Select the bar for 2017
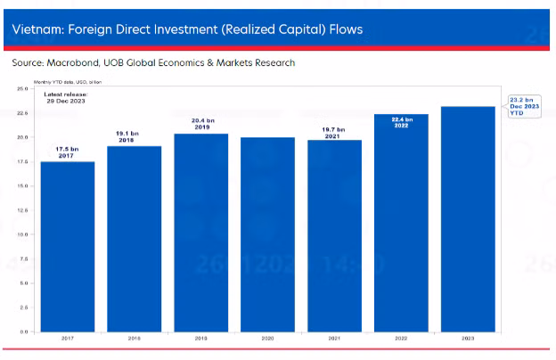(x=68, y=246)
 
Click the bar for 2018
(x=135, y=238)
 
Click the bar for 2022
(x=401, y=222)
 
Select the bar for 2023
(x=468, y=218)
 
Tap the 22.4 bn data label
(x=402, y=122)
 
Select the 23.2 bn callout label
(x=524, y=106)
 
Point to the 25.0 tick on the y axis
(x=22, y=89)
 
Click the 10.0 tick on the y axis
(x=22, y=234)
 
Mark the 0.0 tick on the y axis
(x=23, y=331)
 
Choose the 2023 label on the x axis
(x=468, y=340)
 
